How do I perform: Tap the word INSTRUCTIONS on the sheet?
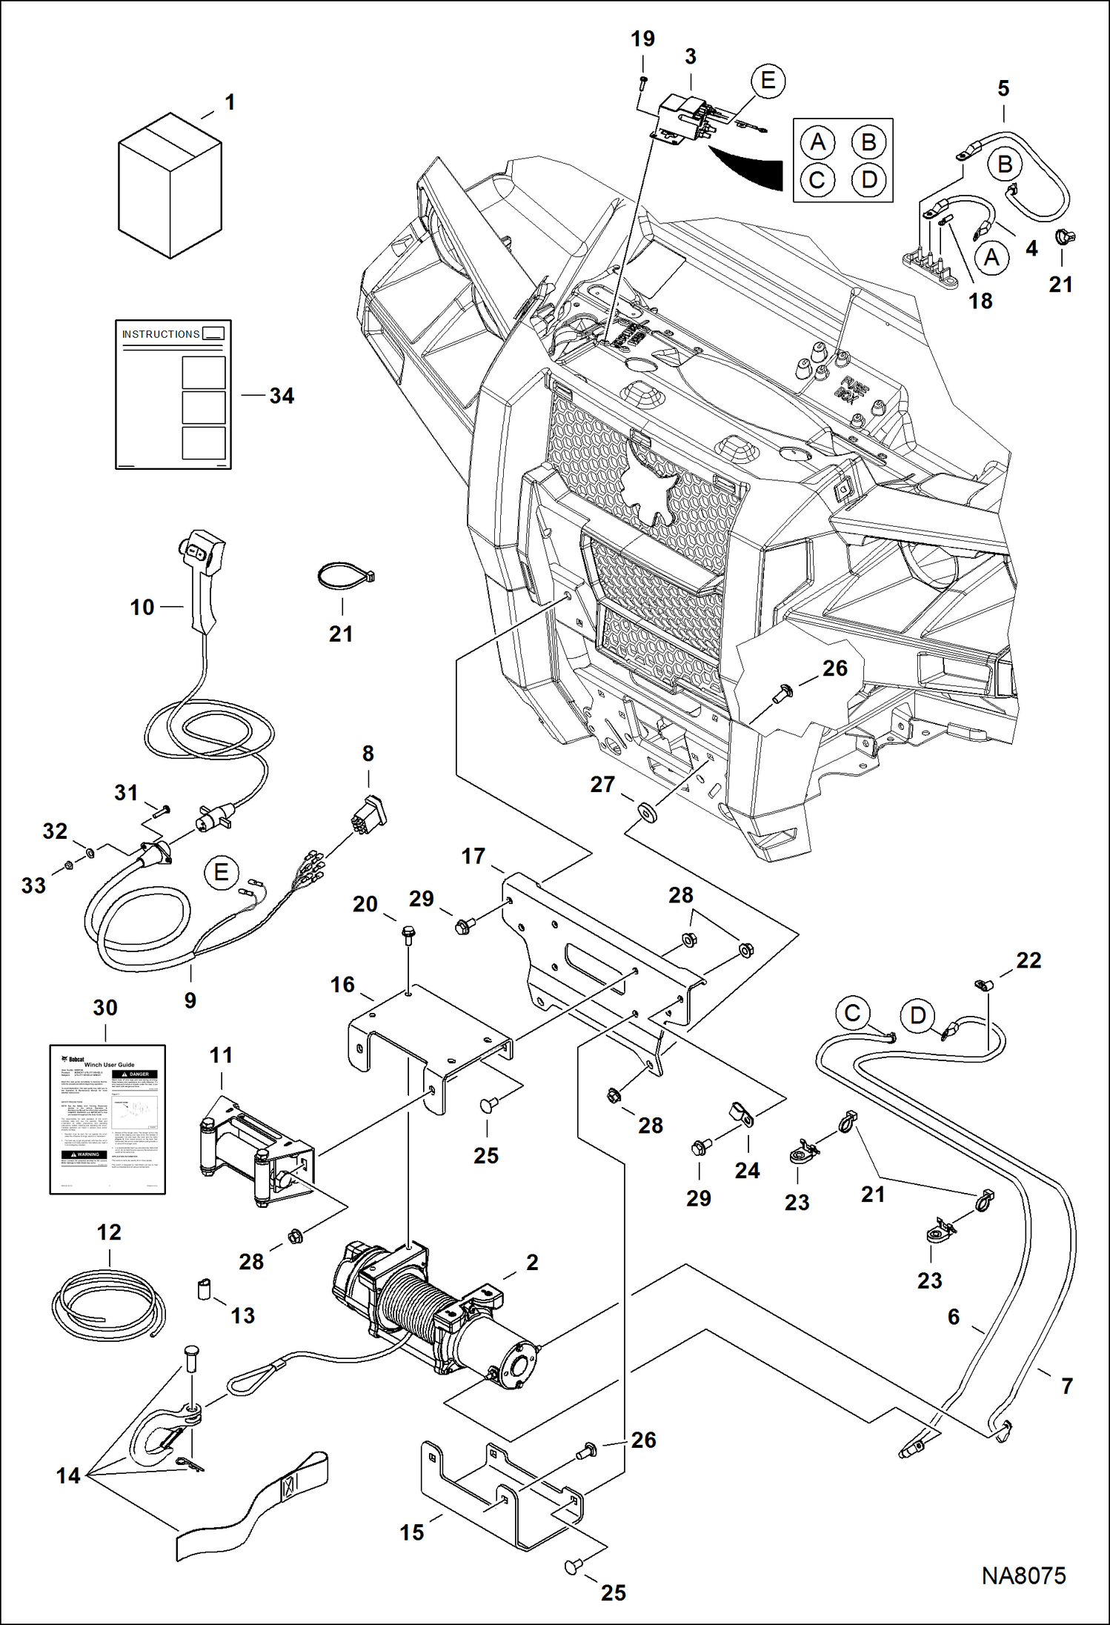161,334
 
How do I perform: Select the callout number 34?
282,396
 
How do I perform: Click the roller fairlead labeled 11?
256,1152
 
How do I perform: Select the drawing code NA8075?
1023,1575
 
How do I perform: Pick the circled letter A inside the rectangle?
817,142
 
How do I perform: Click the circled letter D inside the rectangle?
869,179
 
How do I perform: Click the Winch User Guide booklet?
107,1119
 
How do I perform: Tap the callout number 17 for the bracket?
473,857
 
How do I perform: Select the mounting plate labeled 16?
430,1037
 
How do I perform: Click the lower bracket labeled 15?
496,1497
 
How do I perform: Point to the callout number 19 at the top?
642,39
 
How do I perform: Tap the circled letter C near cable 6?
852,1013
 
